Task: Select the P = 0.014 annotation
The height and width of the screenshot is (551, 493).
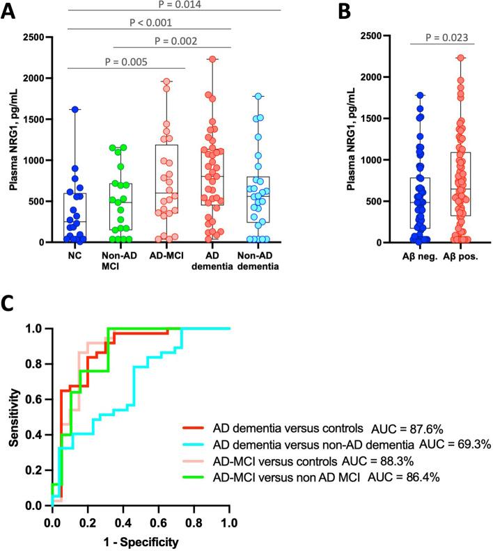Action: [174, 4]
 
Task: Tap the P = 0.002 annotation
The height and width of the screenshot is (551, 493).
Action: [171, 40]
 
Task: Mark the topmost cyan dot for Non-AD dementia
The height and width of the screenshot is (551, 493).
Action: [258, 96]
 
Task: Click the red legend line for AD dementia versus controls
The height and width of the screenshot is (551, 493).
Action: [194, 428]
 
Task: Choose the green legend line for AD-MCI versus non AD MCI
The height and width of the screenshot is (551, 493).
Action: [194, 477]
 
